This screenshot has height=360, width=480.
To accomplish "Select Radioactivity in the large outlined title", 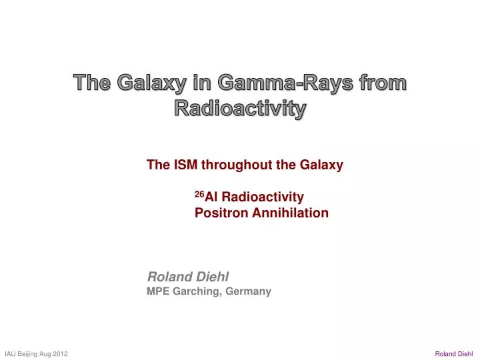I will click(x=240, y=107).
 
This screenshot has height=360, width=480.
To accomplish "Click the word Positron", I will click(x=221, y=213).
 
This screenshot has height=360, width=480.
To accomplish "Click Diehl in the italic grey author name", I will click(x=210, y=276).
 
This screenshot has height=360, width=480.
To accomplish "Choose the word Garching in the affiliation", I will click(x=197, y=291).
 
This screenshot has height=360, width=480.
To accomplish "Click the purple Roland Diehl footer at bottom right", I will click(x=453, y=353).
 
